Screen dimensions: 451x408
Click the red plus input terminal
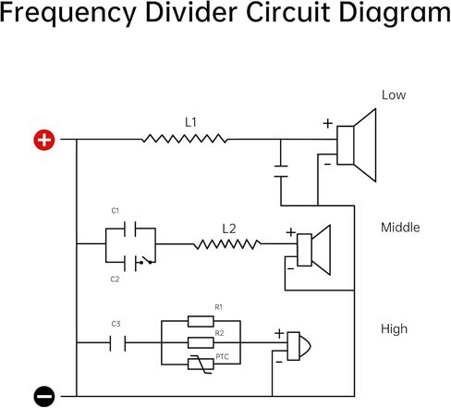pos(44,140)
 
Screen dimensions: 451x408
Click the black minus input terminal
pos(44,396)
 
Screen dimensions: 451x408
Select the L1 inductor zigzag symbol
pos(185,139)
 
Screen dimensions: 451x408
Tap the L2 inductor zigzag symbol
pos(227,244)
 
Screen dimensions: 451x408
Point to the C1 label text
pos(115,211)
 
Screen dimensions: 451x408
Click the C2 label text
pos(115,279)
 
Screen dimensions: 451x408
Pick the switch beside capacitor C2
pos(146,261)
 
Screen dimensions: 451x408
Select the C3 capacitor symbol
pos(117,343)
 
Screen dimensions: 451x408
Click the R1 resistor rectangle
pos(201,321)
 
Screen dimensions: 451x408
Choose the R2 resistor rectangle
pos(201,342)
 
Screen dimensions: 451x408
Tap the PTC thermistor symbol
pos(201,365)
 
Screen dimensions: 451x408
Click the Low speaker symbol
pos(357,145)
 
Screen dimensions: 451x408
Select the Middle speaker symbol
pos(313,250)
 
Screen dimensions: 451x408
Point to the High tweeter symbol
pos(299,346)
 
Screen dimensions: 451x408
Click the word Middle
pos(400,228)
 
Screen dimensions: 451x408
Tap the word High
pos(394,329)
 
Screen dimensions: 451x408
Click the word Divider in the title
pos(191,12)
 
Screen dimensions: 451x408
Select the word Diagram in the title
pos(395,14)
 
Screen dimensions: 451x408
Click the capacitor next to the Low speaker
pos(281,171)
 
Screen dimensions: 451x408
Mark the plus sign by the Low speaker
pos(328,123)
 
